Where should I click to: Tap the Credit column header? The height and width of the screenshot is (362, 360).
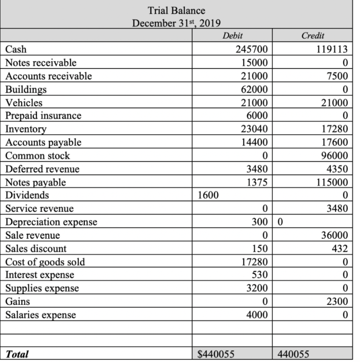point(313,35)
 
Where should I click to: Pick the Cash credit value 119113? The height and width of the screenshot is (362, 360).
point(332,49)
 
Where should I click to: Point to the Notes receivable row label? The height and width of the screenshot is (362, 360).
point(41,63)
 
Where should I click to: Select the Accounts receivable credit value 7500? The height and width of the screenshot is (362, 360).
point(338,76)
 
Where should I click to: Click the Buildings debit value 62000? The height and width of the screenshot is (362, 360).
point(255,89)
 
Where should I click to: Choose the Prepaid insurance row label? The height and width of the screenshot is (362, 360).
point(43,116)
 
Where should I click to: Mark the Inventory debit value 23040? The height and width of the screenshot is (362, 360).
point(255,129)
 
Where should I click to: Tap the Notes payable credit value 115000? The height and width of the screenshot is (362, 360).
point(332,182)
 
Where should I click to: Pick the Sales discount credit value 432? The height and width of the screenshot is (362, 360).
point(341,249)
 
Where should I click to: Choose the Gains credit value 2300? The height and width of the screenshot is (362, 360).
point(338,302)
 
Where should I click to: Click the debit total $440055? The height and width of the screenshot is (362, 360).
point(217,354)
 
